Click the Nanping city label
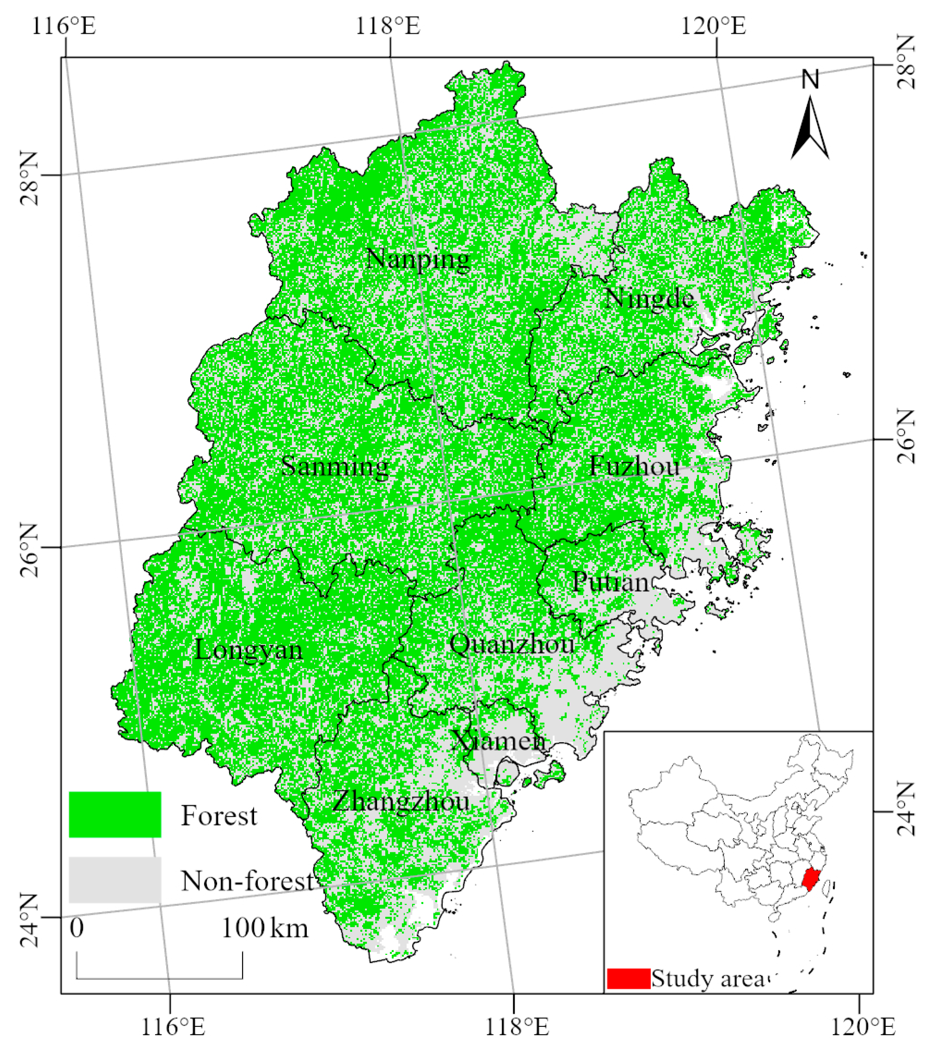point(418,259)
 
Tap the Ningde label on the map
point(649,299)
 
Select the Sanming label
point(334,467)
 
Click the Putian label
point(610,583)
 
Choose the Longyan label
point(248,650)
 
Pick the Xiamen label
point(498,741)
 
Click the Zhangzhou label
point(401,802)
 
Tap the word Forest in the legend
point(219,816)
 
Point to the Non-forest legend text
point(247,881)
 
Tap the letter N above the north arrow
point(810,79)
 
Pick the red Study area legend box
point(628,979)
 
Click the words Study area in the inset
point(707,979)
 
